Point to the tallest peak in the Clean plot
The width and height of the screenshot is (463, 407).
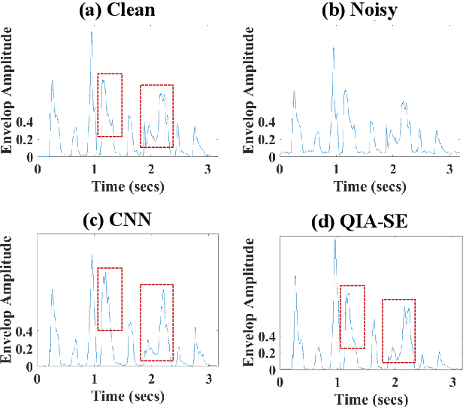point(92,32)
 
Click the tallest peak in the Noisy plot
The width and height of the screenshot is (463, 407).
point(333,48)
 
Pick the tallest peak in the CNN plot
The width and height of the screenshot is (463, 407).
point(92,255)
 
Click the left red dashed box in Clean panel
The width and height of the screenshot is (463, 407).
point(110,104)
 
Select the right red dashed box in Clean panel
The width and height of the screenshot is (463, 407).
point(157,116)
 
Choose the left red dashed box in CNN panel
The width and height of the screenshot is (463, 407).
point(110,299)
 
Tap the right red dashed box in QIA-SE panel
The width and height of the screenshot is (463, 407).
point(398,330)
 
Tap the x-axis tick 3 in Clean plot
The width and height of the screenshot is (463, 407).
point(206,168)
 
